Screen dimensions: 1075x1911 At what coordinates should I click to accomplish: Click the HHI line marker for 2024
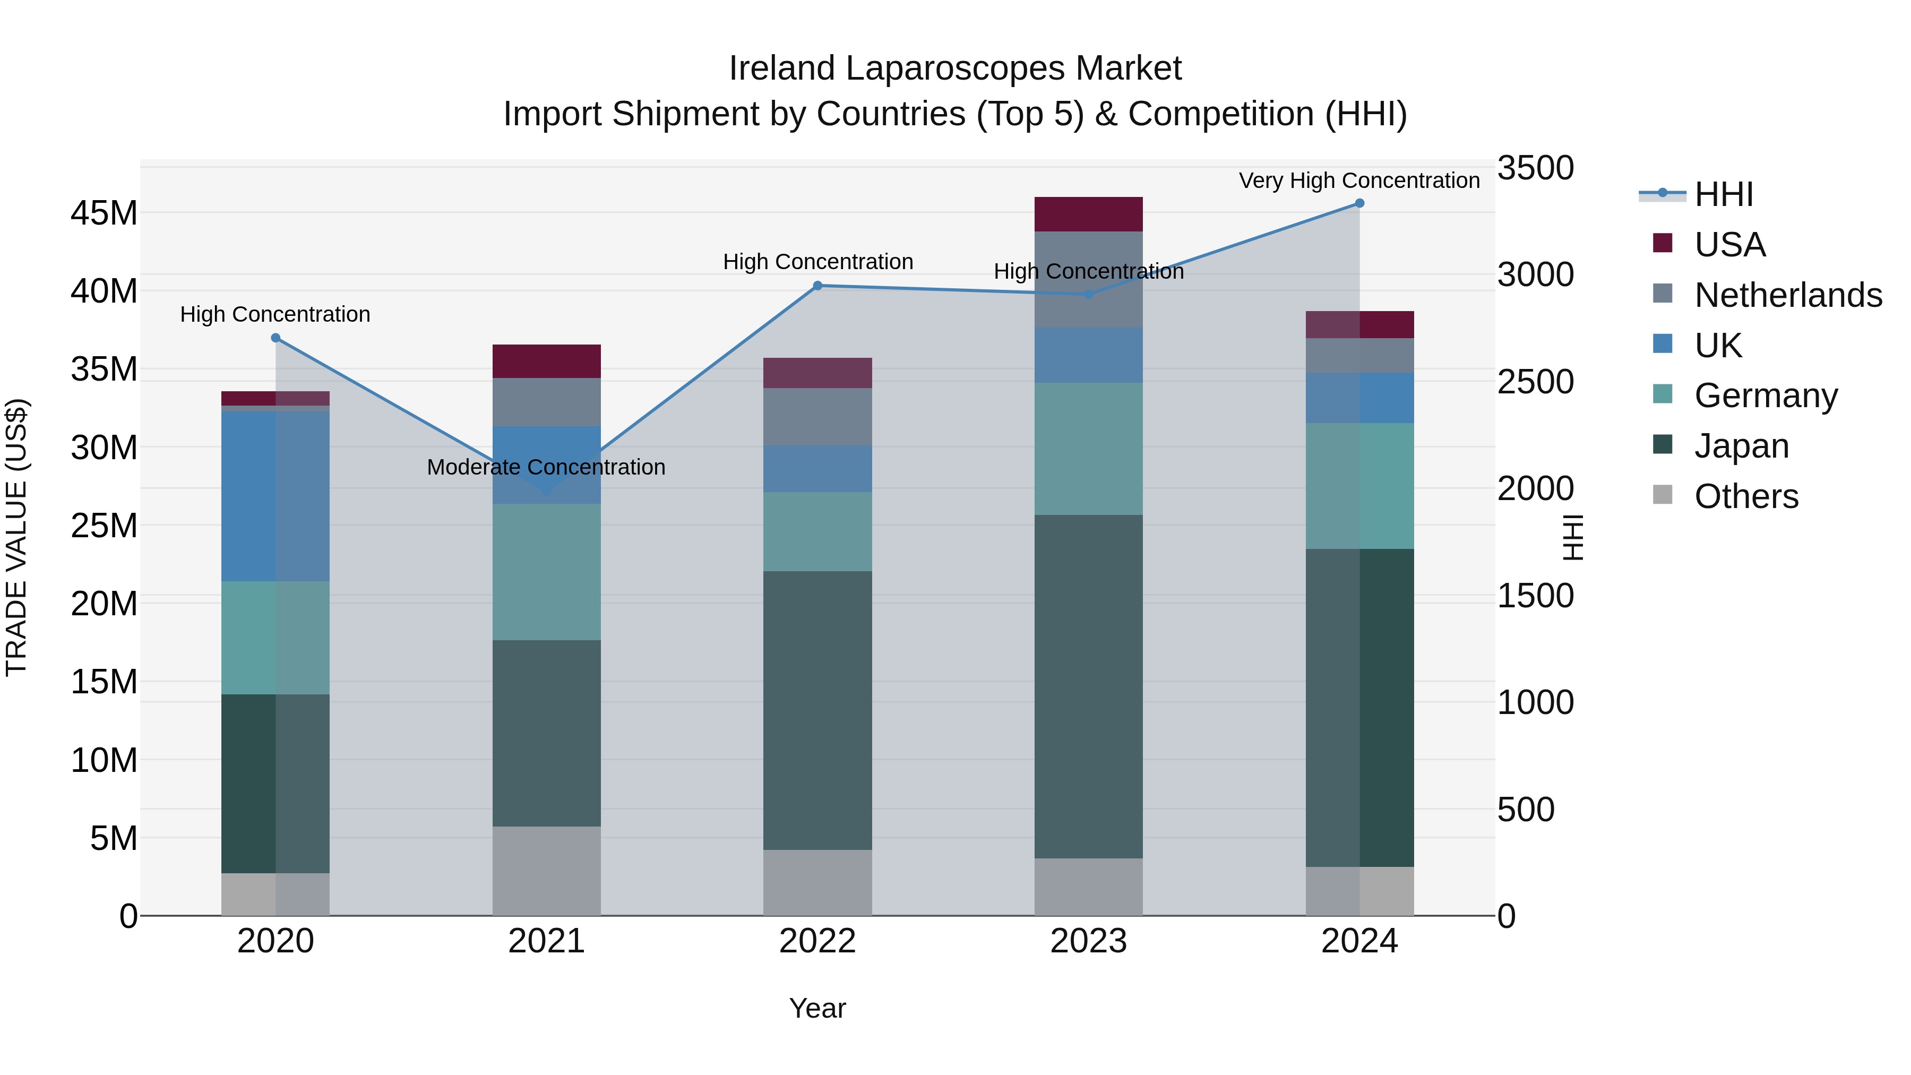coord(1359,203)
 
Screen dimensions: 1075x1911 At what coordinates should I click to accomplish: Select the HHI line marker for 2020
coord(275,338)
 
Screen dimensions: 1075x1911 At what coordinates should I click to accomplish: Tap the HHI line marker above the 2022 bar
coord(817,286)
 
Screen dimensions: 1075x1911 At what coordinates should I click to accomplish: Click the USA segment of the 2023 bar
coord(1088,214)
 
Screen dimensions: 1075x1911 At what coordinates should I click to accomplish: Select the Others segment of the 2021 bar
coord(547,871)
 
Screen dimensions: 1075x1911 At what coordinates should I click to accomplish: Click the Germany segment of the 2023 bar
coord(1088,449)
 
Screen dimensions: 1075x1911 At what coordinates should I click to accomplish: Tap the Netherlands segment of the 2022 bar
coord(817,417)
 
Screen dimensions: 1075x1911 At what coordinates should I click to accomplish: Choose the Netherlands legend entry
coord(1788,295)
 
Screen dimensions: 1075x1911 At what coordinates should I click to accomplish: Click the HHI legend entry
coord(1723,194)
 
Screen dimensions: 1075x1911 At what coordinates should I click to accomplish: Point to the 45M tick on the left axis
coord(104,213)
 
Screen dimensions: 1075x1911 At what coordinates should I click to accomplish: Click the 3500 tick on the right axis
coord(1535,168)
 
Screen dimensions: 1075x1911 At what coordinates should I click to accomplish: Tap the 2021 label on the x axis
coord(547,941)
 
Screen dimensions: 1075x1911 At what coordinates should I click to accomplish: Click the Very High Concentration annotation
coord(1359,180)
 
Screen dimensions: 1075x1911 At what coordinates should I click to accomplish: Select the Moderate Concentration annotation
coord(547,467)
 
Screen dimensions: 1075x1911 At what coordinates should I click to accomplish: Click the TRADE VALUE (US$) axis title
coord(16,537)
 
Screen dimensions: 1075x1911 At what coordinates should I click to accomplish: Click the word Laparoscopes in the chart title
coord(956,68)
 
